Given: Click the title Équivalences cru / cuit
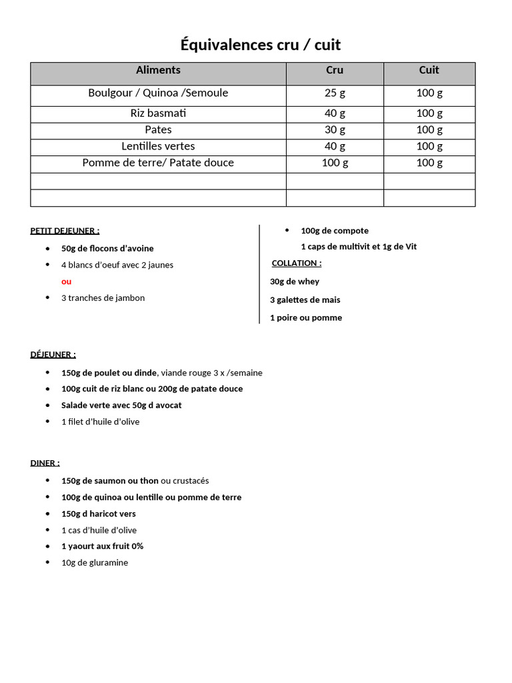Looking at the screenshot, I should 261,45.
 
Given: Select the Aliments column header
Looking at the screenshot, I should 158,70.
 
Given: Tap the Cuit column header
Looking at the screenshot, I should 429,70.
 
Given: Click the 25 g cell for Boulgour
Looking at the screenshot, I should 335,93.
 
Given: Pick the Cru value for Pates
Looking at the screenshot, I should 335,129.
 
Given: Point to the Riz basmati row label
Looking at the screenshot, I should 158,113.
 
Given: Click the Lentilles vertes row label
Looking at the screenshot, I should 158,146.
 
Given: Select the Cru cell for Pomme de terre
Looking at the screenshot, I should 335,163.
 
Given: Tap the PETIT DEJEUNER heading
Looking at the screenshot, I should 65,231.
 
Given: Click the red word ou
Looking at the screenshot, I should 66,281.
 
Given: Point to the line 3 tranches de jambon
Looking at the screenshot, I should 103,298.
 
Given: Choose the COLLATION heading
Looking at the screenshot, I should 297,263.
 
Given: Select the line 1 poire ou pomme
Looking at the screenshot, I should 306,317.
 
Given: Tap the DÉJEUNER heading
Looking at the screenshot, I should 53,354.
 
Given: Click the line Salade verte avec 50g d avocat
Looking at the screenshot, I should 121,405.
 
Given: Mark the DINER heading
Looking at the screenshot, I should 45,462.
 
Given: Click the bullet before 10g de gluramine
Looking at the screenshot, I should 47,562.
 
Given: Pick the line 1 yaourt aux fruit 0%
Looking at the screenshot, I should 102,546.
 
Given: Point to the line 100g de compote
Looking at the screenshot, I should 335,231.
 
